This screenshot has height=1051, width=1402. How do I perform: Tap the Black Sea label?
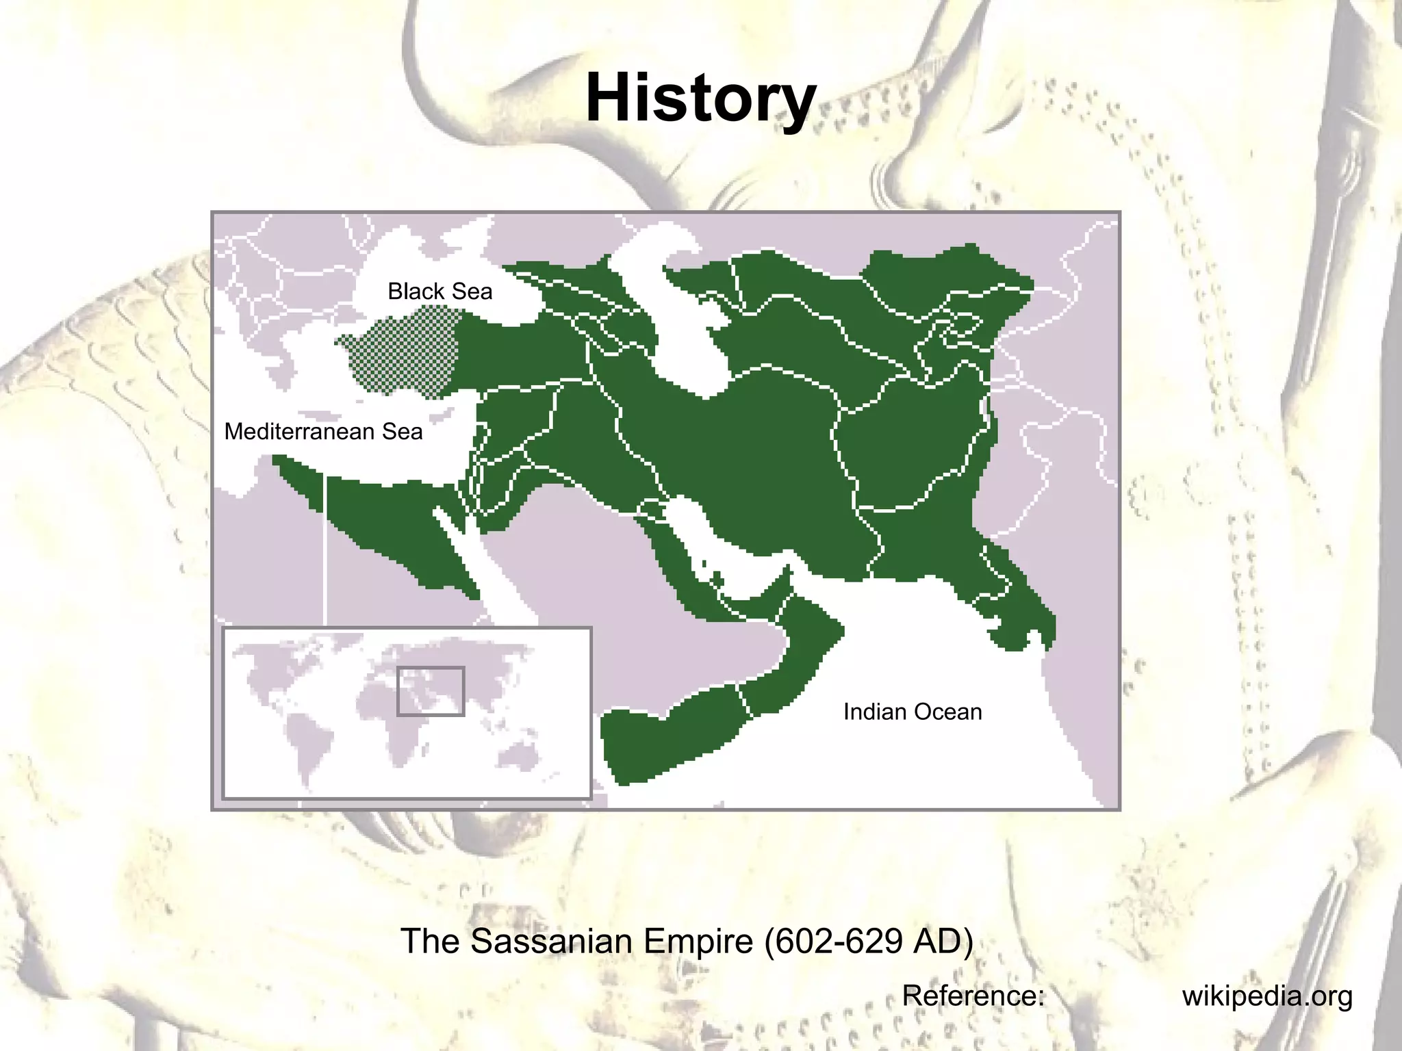pos(439,291)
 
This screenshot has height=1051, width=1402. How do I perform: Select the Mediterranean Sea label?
pos(323,432)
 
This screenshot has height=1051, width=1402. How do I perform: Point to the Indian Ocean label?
pos(912,712)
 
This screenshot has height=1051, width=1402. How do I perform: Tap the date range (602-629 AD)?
pos(868,941)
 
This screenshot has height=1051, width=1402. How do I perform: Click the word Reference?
pos(973,996)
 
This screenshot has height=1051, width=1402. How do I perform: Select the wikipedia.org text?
pos(1266,996)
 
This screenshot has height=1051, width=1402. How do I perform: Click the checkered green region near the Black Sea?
pos(404,352)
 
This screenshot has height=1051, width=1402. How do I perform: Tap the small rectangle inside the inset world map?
pos(431,691)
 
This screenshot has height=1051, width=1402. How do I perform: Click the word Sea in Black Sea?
pos(472,291)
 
